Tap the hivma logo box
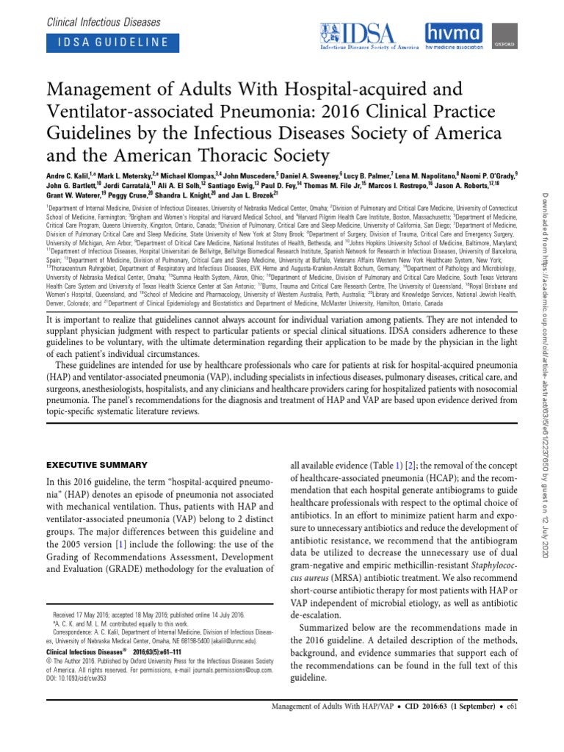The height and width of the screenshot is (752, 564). pos(457,35)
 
